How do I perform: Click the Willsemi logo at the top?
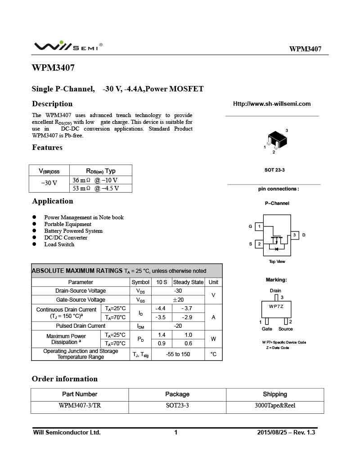pyautogui.click(x=67, y=46)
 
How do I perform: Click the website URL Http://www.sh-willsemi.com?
pyautogui.click(x=272, y=104)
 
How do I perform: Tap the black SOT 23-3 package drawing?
pyautogui.click(x=276, y=140)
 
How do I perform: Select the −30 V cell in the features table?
pyautogui.click(x=49, y=183)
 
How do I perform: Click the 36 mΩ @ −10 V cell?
pyautogui.click(x=95, y=180)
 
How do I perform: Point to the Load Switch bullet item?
pyautogui.click(x=59, y=244)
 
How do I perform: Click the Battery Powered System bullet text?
pyautogui.click(x=73, y=231)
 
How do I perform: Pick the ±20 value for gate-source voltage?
pyautogui.click(x=178, y=300)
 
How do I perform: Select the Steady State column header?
pyautogui.click(x=188, y=282)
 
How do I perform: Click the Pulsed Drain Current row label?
pyautogui.click(x=81, y=326)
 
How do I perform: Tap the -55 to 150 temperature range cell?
pyautogui.click(x=178, y=354)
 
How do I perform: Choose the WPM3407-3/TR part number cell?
pyautogui.click(x=80, y=406)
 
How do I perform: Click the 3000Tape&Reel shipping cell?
pyautogui.click(x=274, y=406)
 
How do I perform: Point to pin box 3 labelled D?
pyautogui.click(x=294, y=235)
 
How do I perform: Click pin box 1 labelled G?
pyautogui.click(x=259, y=226)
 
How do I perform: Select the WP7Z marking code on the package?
pyautogui.click(x=276, y=306)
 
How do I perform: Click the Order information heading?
pyautogui.click(x=64, y=379)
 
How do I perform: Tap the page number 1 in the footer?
pyautogui.click(x=176, y=433)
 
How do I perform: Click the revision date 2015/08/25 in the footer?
pyautogui.click(x=272, y=433)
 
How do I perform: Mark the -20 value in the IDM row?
pyautogui.click(x=178, y=326)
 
